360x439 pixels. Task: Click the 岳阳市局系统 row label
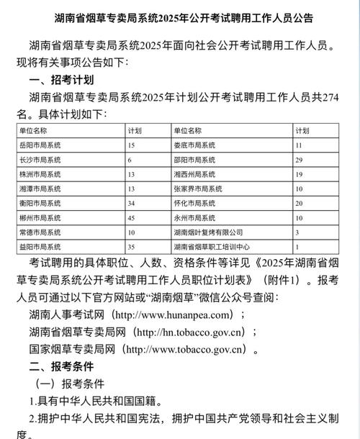(40, 145)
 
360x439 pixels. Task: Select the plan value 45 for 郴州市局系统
(132, 218)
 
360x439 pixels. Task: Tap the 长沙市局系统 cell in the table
(40, 159)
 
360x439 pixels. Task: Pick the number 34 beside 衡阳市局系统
(132, 204)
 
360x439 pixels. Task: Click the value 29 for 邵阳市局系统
(298, 159)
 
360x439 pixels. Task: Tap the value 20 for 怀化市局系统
(298, 204)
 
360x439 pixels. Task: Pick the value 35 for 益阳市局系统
(132, 247)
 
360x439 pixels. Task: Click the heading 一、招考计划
(64, 80)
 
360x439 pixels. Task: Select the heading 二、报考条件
(64, 366)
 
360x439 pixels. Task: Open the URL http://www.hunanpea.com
(177, 314)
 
